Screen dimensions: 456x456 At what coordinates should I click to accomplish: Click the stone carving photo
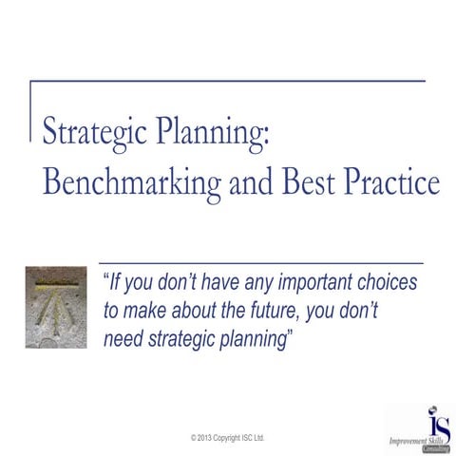tap(56, 306)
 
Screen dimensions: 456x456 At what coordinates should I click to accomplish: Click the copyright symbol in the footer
tap(193, 437)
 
